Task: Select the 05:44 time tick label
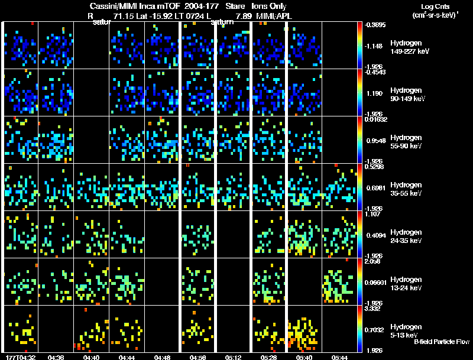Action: (339, 357)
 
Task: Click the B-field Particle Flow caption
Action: (442, 342)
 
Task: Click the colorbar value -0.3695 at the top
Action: (375, 25)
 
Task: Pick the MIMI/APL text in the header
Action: (274, 16)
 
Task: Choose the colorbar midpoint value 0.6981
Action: (375, 187)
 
